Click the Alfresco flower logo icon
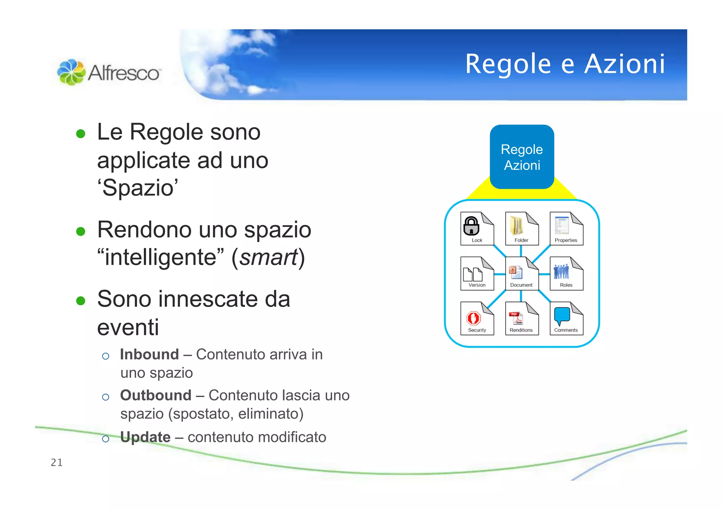click(71, 72)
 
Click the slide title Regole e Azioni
click(565, 64)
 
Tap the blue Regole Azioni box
click(522, 157)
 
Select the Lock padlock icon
click(471, 226)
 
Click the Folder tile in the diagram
click(521, 228)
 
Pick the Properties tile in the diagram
click(566, 228)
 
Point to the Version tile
click(477, 274)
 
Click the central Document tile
click(521, 274)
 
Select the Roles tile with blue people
click(566, 274)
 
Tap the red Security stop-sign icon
click(473, 318)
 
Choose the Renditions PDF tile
click(521, 318)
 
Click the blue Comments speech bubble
click(562, 315)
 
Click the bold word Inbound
click(149, 355)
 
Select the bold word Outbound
click(156, 395)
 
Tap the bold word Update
click(145, 437)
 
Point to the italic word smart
click(269, 257)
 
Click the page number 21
click(57, 462)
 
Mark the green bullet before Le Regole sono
click(81, 134)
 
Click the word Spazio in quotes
click(137, 188)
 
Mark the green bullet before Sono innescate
click(81, 301)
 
